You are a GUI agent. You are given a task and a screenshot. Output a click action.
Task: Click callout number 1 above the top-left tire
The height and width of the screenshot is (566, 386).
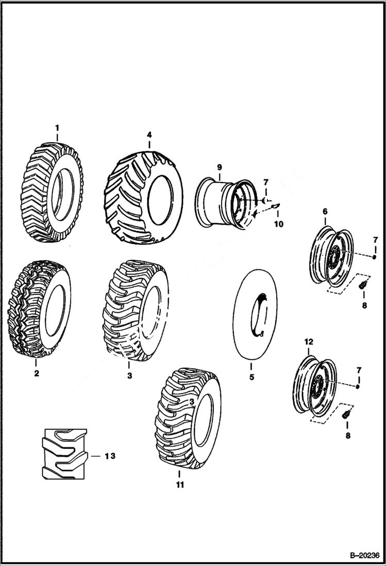point(57,127)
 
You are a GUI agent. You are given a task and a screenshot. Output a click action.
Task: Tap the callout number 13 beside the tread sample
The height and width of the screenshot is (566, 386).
point(109,456)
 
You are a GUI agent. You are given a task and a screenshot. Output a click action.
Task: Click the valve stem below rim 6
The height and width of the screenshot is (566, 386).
point(362,283)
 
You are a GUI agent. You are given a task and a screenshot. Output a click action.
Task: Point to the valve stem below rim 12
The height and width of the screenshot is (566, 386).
point(346,413)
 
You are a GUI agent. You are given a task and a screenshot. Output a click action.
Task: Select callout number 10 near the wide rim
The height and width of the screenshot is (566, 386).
point(278,224)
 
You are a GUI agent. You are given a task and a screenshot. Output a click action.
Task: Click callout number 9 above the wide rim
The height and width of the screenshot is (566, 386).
point(219,167)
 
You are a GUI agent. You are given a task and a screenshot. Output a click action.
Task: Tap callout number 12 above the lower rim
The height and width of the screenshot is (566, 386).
point(308,342)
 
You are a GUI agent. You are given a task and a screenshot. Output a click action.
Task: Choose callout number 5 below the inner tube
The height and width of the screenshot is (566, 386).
point(251,377)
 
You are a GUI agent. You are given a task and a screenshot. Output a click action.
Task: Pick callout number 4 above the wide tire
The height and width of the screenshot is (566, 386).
point(149,135)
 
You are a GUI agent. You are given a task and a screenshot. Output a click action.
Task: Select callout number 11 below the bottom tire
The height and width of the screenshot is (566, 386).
point(179,484)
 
